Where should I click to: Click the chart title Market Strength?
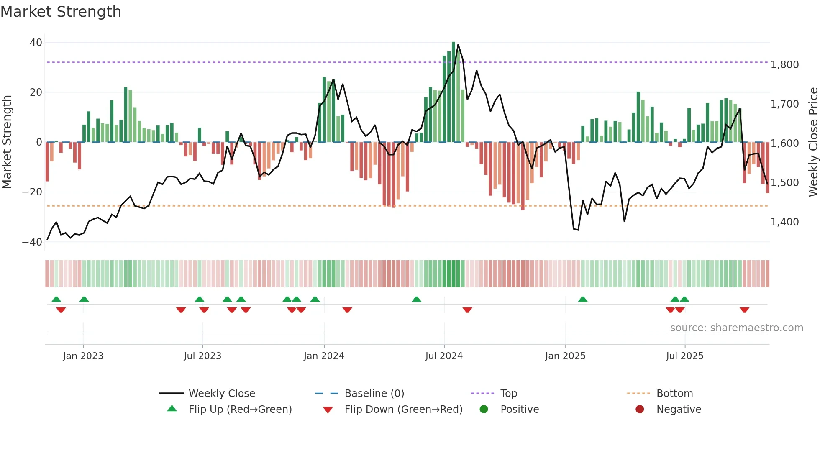[61, 12]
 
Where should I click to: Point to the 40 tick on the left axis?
[36, 42]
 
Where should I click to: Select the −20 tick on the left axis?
[32, 192]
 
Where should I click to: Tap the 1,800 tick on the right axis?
[784, 65]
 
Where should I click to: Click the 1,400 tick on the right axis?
[784, 222]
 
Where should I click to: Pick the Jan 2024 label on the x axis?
[324, 356]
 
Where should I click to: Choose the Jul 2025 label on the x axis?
[684, 356]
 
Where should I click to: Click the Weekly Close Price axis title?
[813, 142]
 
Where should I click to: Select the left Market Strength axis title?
[7, 142]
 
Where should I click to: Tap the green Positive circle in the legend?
[484, 409]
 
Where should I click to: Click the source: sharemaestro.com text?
[736, 328]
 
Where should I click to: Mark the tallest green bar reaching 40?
[454, 92]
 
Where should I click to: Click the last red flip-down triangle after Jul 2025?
[744, 310]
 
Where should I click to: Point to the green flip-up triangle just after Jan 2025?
[583, 299]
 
